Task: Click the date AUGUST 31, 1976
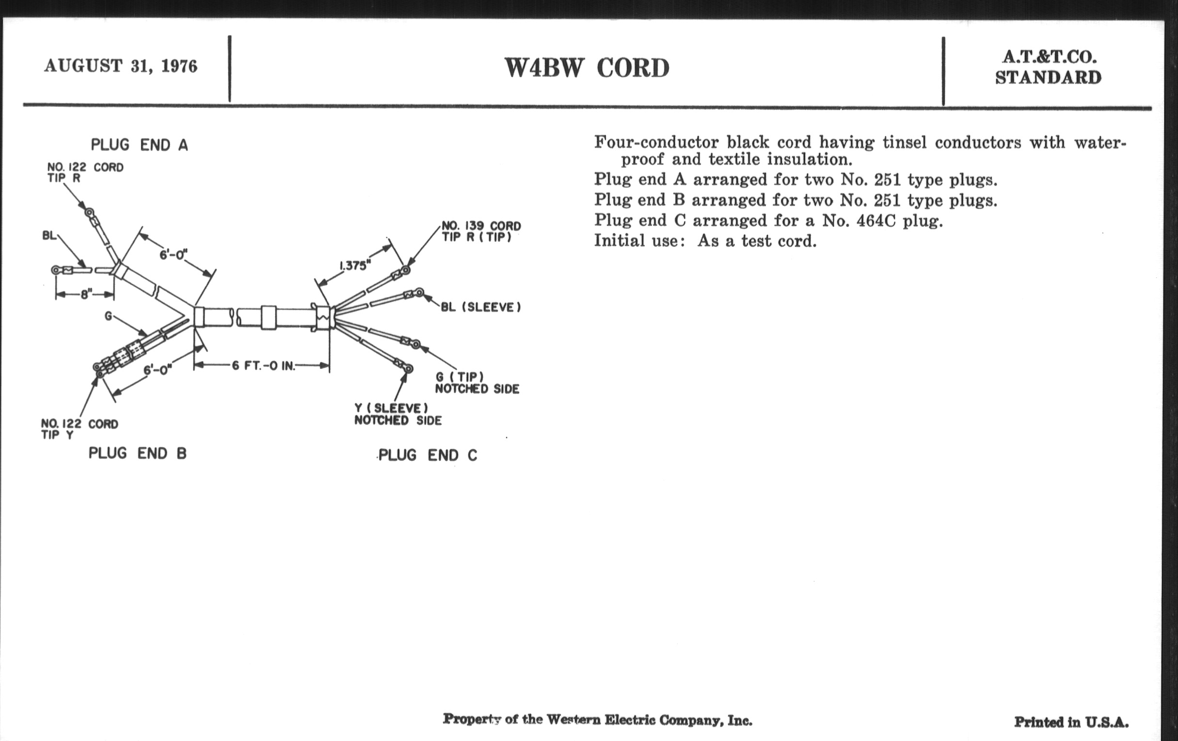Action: (x=120, y=66)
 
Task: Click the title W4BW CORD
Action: (x=587, y=68)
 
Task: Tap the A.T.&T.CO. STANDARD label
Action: (x=1048, y=67)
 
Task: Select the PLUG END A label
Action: (x=139, y=145)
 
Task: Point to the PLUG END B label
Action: (x=138, y=453)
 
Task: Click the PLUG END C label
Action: (x=428, y=455)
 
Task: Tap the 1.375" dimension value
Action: (x=355, y=265)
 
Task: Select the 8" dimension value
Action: (x=86, y=294)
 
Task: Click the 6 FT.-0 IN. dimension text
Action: (x=263, y=366)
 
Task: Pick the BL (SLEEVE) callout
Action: (x=481, y=307)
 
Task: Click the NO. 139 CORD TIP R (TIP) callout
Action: (x=481, y=232)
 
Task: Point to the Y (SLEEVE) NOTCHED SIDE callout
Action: (x=398, y=414)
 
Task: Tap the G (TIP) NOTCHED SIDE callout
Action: (x=477, y=383)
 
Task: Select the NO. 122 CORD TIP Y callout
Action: (x=79, y=429)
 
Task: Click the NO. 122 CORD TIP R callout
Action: (x=85, y=172)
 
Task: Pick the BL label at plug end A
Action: (x=49, y=236)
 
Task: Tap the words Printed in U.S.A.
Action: (x=1071, y=723)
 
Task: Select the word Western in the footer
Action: (x=573, y=720)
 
